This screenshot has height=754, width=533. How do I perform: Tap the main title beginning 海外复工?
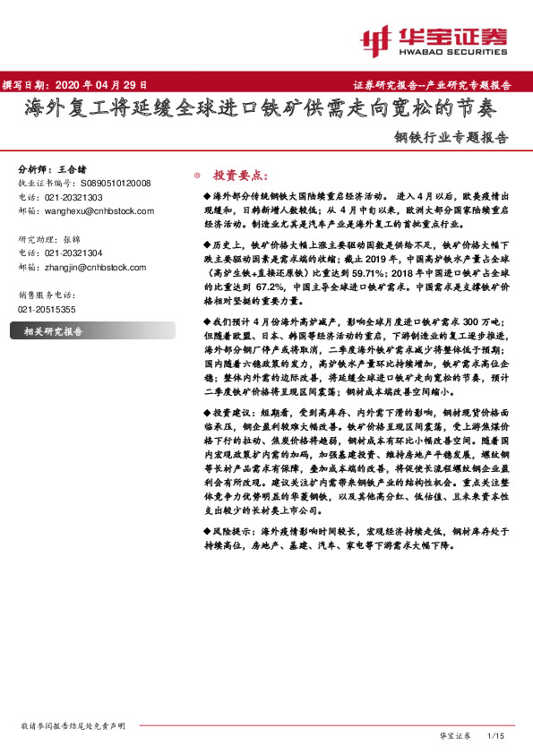tap(259, 109)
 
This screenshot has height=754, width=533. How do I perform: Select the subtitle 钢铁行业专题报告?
tap(451, 139)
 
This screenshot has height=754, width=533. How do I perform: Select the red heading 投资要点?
tap(235, 176)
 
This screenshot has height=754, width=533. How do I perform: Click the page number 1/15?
tap(495, 735)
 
